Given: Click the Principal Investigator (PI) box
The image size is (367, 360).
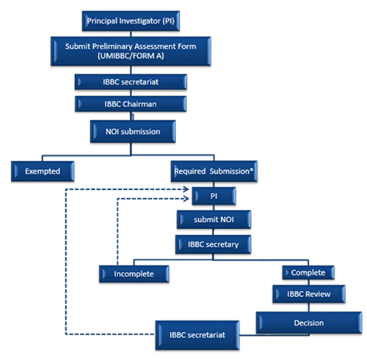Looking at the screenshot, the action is coord(131,21).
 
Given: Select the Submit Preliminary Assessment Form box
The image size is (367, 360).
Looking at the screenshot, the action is coord(131,51).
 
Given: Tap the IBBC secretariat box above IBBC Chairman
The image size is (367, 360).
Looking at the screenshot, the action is coord(131,82).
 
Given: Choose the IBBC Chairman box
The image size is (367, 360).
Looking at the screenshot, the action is coord(131,104).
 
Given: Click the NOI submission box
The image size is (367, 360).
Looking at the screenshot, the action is coord(133,131).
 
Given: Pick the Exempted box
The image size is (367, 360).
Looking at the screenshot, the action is coord(43,171).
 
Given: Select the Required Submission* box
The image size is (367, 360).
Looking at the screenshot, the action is coord(214,171).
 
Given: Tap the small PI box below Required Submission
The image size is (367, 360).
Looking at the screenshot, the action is coord(214,196).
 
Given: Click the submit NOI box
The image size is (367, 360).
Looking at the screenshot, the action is coord(214,219).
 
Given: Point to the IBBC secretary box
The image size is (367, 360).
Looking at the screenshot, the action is coord(213,244).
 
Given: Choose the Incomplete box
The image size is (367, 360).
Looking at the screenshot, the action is coord(134,274).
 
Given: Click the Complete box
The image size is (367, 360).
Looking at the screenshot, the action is coord(308,273).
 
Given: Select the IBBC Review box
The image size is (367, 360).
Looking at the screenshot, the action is coord(309,294).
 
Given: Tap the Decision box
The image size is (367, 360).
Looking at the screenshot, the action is coord(309,323).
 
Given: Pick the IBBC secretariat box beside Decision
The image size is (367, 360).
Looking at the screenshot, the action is coord(197,335).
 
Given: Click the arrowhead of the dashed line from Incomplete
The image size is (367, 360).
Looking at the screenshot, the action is coord(186,199).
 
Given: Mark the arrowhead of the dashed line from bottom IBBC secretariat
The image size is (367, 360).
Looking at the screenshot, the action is coord(186,189).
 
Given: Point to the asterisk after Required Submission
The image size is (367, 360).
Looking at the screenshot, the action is coord(251,169).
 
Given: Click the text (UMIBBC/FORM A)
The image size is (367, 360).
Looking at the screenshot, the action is coord(131,56).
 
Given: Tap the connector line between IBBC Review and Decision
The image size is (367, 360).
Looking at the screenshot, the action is coord(309,307).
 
